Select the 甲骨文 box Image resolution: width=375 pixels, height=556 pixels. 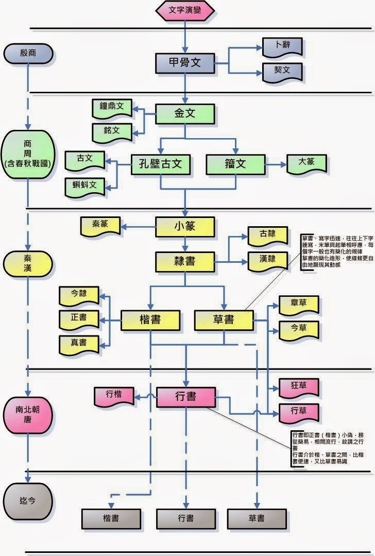pyautogui.click(x=184, y=62)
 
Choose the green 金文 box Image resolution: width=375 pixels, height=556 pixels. pyautogui.click(x=184, y=113)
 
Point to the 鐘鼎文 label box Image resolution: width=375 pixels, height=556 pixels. pyautogui.click(x=112, y=107)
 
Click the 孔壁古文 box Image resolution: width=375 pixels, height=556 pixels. pyautogui.click(x=161, y=164)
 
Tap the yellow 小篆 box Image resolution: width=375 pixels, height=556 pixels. pyautogui.click(x=184, y=225)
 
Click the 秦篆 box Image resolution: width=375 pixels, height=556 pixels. pyautogui.click(x=100, y=224)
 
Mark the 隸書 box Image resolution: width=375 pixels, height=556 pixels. pyautogui.click(x=184, y=261)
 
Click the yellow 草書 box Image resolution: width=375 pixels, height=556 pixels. pyautogui.click(x=224, y=319)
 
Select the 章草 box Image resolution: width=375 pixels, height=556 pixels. pyautogui.click(x=298, y=305)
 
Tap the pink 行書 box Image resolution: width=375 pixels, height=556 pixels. pyautogui.click(x=185, y=396)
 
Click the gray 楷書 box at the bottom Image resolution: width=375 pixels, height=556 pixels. pyautogui.click(x=111, y=518)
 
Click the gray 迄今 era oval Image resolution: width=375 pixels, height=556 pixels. pyautogui.click(x=28, y=500)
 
